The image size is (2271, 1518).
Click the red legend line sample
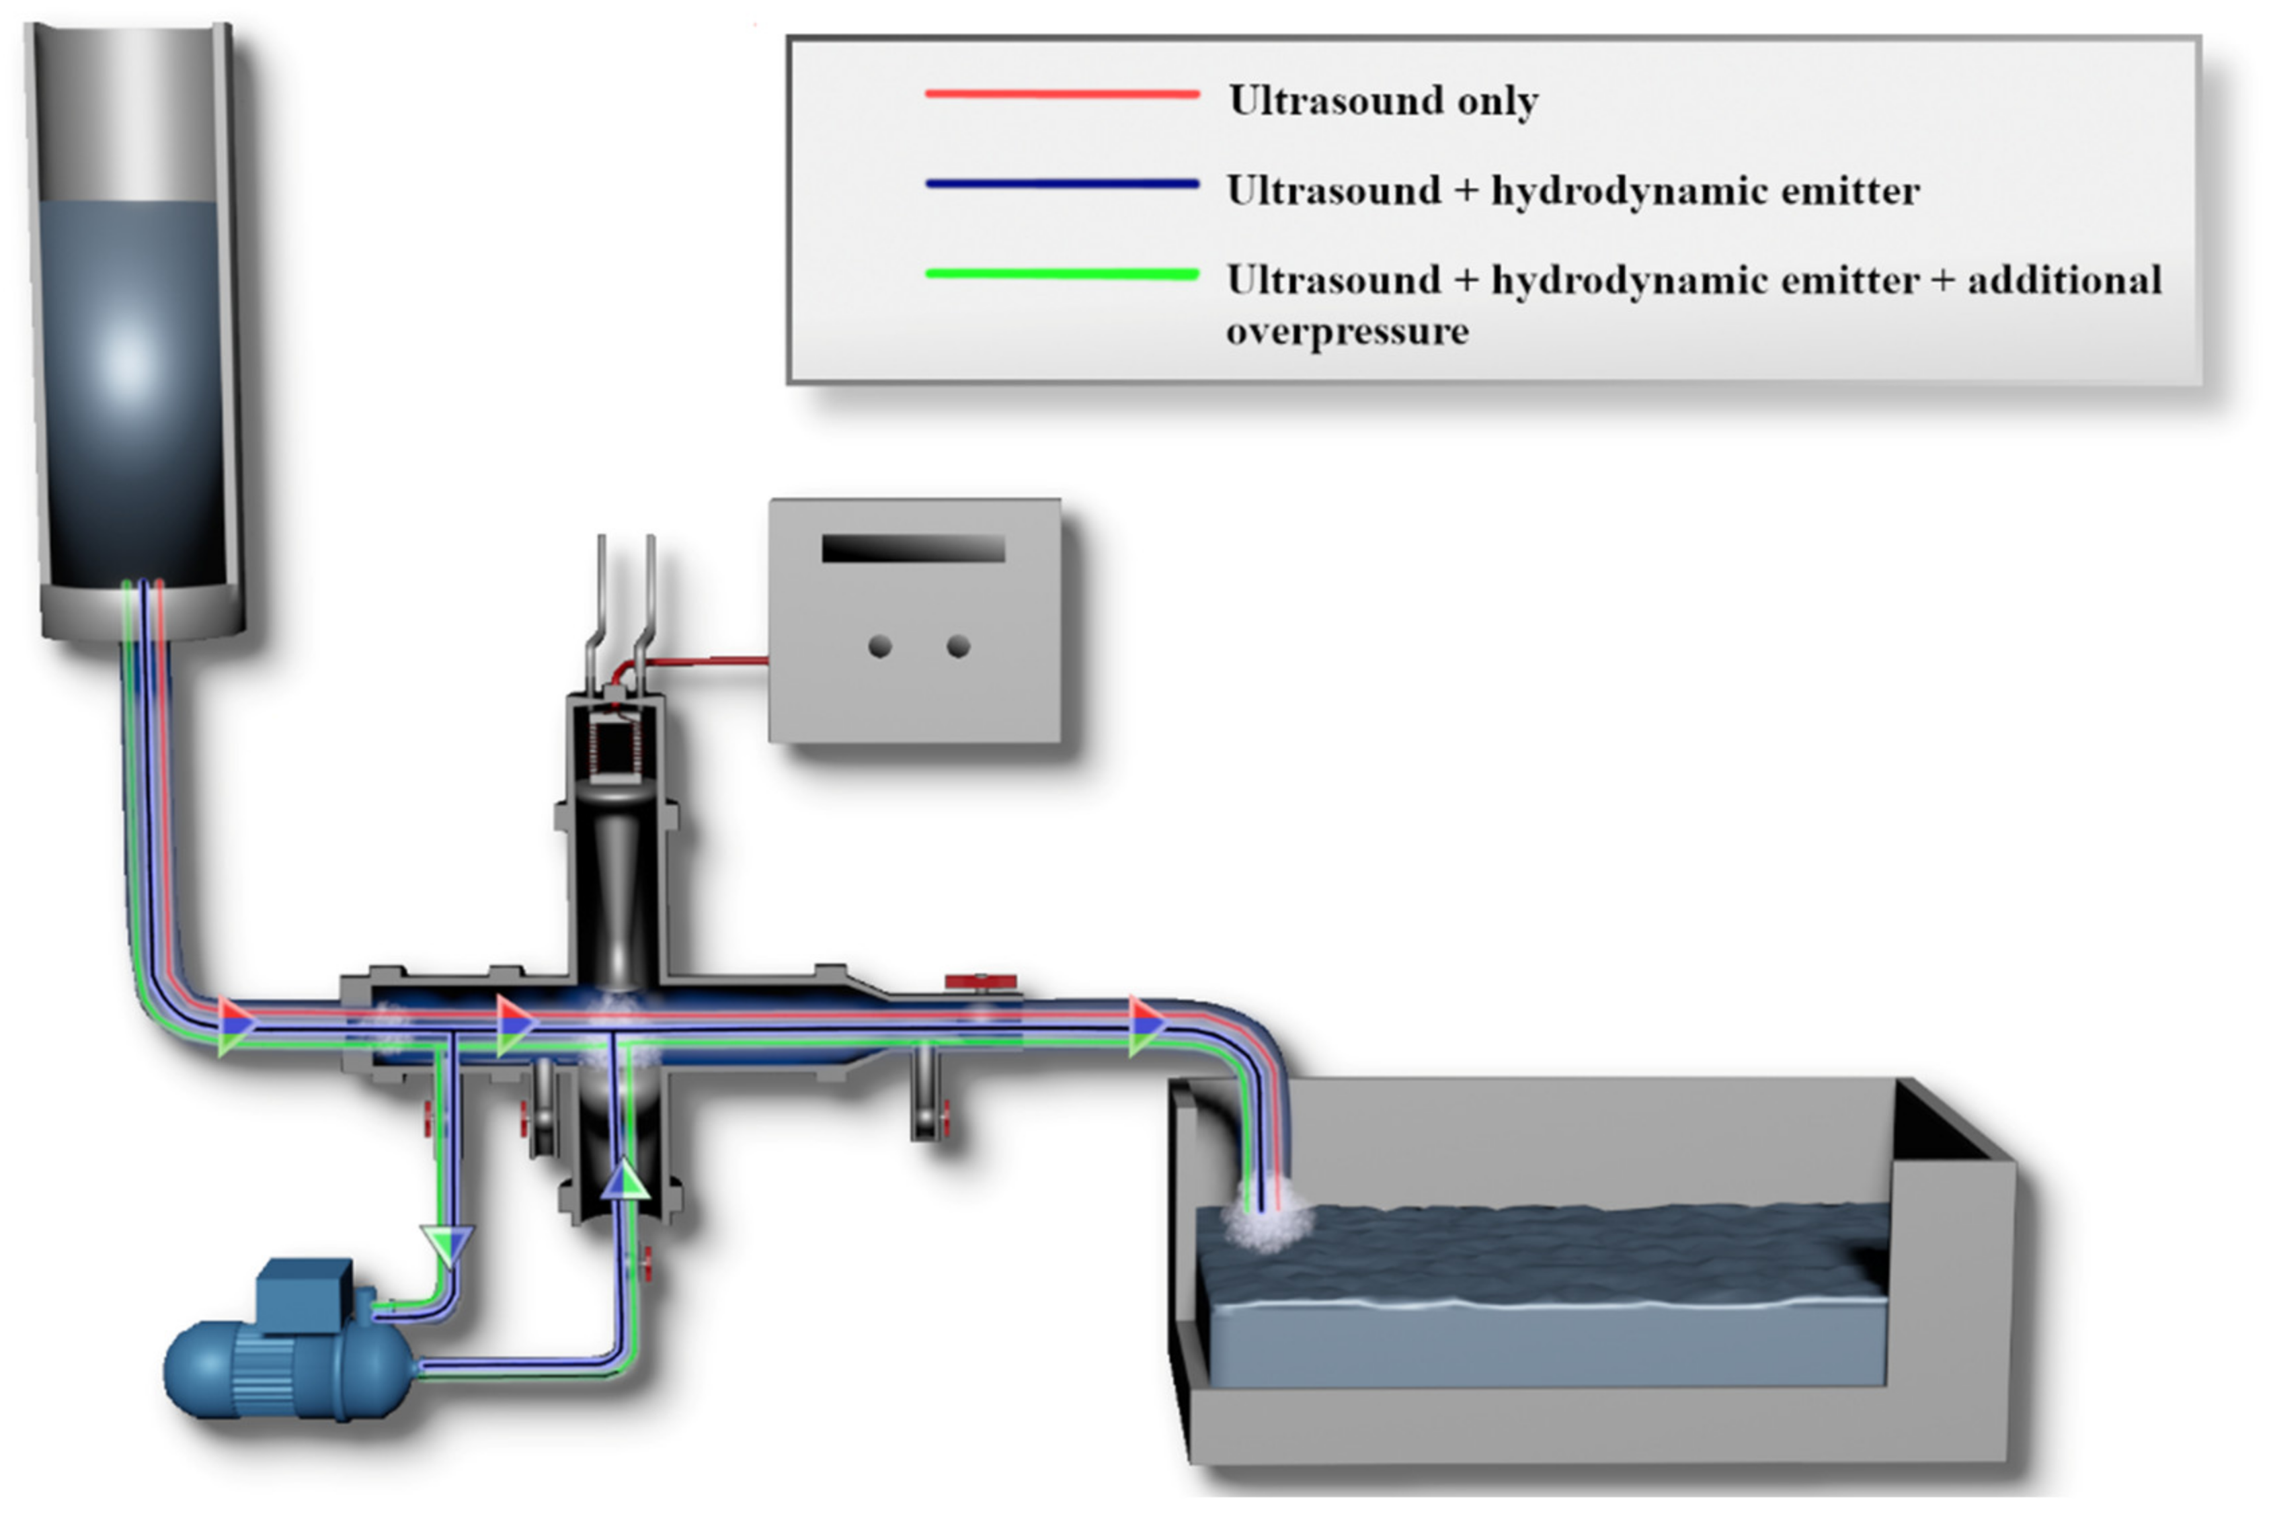[x=1062, y=94]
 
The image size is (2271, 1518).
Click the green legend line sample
[x=1062, y=274]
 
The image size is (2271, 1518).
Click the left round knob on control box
[x=879, y=646]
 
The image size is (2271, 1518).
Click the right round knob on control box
[x=958, y=646]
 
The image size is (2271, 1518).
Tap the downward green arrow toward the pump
[x=448, y=1244]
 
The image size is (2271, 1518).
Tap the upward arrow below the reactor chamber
[x=625, y=1181]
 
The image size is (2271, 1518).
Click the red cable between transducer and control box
[x=707, y=662]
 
